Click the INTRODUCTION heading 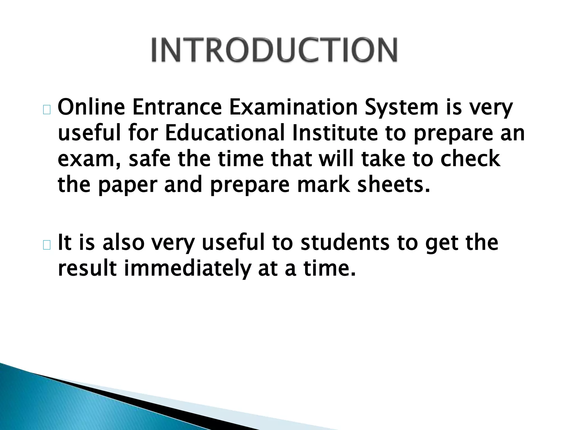pos(274,50)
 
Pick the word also pos(123,243)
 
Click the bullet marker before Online pos(47,110)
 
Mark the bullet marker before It pos(47,245)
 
